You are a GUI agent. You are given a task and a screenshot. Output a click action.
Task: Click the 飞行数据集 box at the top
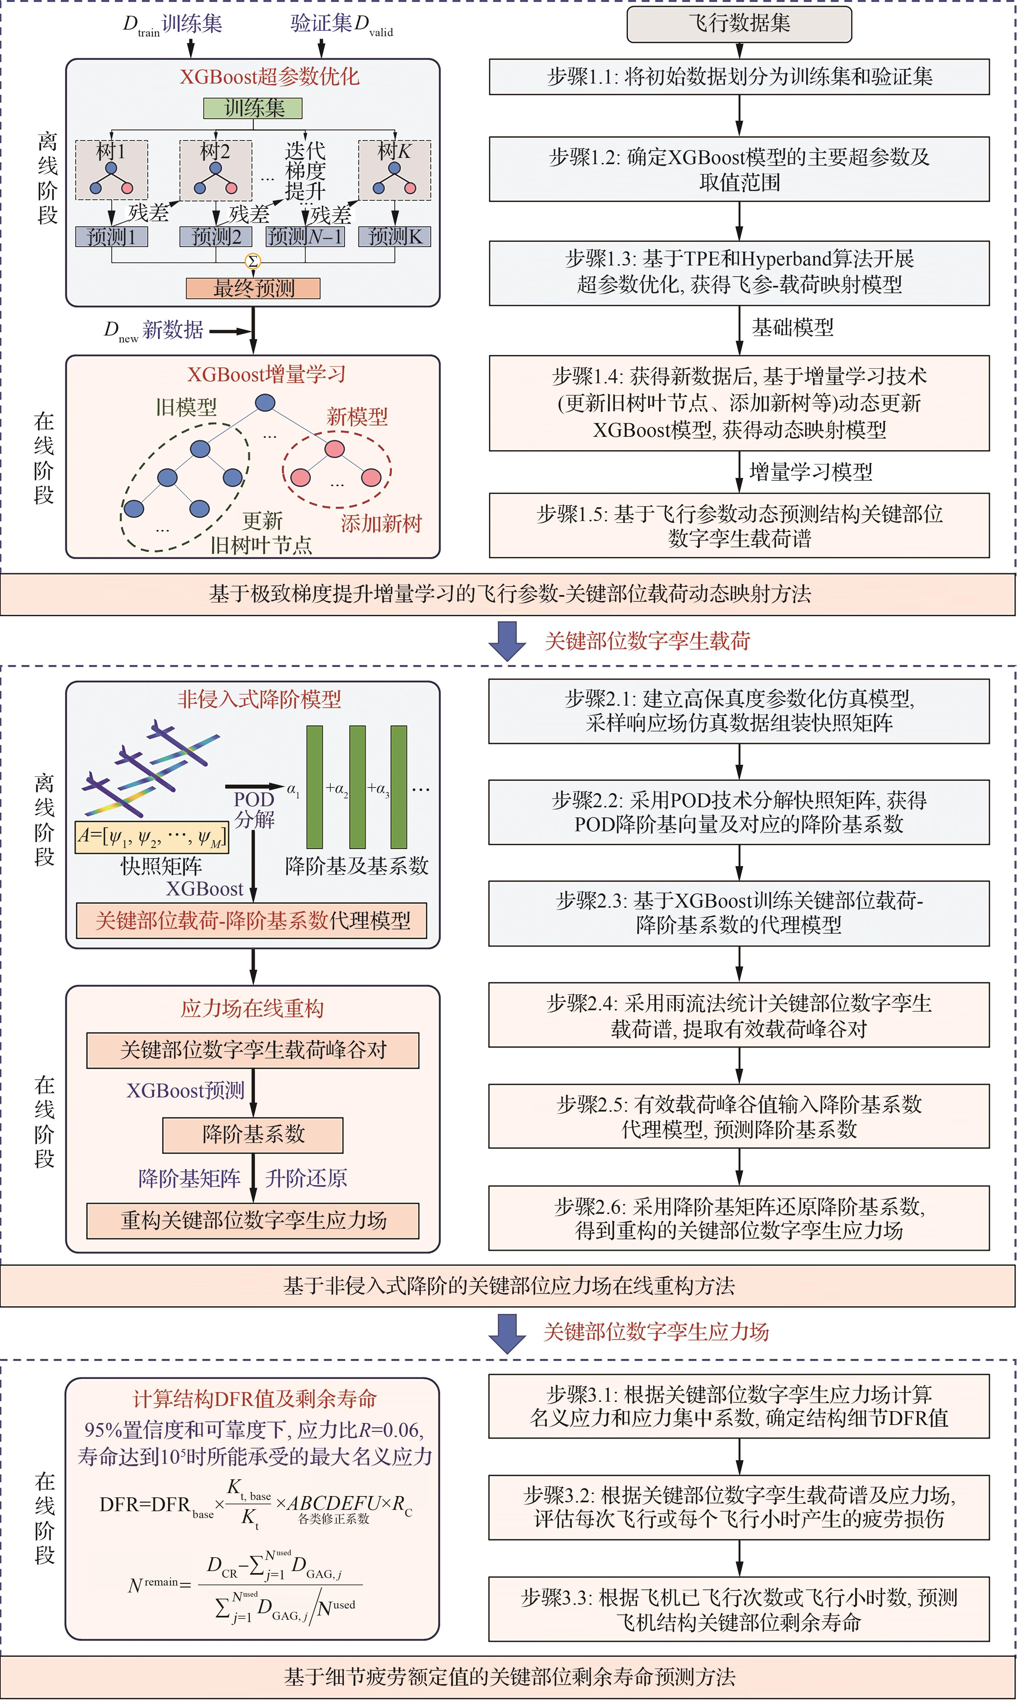click(739, 24)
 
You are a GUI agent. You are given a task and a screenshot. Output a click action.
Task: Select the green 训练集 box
click(253, 108)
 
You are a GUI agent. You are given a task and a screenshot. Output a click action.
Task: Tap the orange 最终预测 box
click(253, 288)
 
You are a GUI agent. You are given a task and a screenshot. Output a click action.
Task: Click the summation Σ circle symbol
click(253, 261)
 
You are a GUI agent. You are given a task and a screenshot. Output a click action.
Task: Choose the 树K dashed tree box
click(395, 170)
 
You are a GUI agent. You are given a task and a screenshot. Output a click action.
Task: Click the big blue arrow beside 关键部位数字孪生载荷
click(507, 640)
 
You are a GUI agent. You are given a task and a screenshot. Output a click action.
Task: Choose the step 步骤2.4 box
click(739, 1015)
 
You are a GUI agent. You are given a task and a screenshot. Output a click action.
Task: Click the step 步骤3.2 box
click(739, 1507)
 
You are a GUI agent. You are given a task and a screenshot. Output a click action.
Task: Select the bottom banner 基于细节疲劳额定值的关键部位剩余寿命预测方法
click(509, 1676)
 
